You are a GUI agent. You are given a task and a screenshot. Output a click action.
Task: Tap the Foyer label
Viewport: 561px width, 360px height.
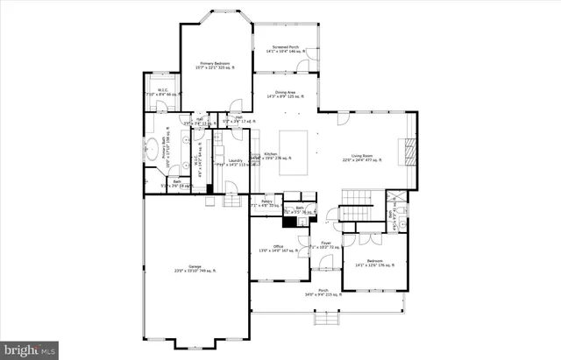click(x=325, y=245)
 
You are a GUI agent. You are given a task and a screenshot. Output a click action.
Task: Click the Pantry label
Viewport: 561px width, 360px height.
click(x=266, y=203)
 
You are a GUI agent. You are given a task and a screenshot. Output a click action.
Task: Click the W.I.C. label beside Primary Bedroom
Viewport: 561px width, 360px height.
click(x=163, y=92)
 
